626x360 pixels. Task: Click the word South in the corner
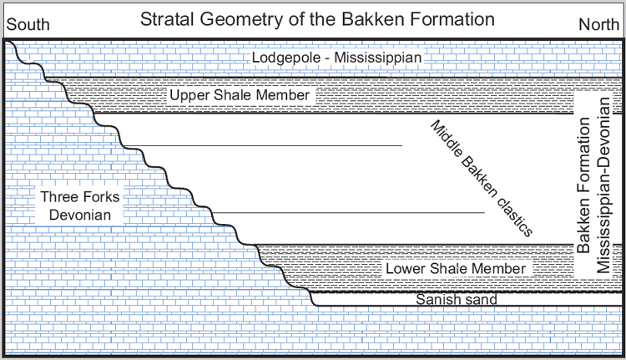(28, 25)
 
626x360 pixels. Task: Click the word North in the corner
(598, 25)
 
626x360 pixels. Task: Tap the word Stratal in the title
(168, 19)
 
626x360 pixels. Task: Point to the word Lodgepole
(286, 58)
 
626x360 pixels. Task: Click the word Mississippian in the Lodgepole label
(377, 58)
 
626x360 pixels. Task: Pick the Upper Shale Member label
(240, 95)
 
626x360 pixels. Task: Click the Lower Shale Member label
(456, 268)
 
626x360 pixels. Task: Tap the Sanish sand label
(457, 299)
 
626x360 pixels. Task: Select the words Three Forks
(80, 197)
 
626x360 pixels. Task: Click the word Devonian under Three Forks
(80, 215)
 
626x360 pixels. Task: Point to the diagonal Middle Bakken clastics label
(481, 178)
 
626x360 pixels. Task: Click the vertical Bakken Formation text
(583, 185)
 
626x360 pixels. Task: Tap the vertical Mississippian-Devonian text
(603, 185)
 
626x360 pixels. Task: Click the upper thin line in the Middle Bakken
(263, 146)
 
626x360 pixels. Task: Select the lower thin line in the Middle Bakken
(349, 213)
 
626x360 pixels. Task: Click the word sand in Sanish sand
(479, 299)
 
